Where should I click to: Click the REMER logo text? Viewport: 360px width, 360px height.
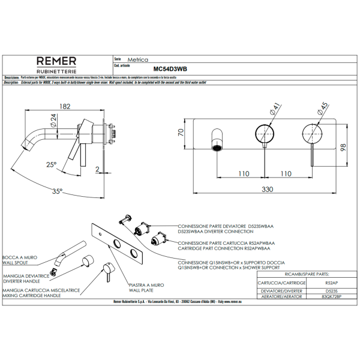[x=56, y=61]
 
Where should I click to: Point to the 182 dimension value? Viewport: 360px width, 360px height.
[x=65, y=106]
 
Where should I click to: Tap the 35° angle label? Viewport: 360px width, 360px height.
[x=57, y=191]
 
